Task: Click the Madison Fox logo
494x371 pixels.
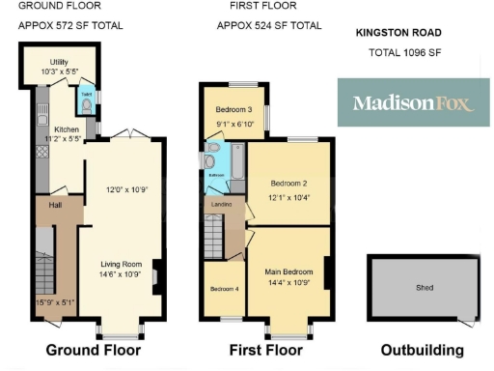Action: tap(413, 102)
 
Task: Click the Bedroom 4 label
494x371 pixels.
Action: tap(224, 289)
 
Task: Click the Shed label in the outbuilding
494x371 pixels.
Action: tap(425, 288)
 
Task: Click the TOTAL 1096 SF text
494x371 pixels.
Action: tap(404, 52)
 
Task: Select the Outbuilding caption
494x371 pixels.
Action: tap(422, 350)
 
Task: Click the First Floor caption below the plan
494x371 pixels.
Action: tap(265, 350)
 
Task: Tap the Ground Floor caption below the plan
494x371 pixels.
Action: tap(94, 350)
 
